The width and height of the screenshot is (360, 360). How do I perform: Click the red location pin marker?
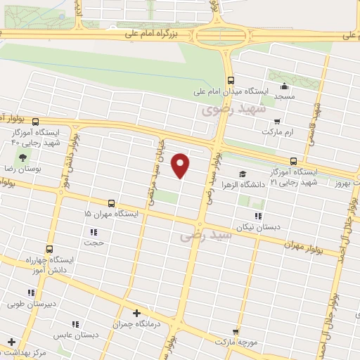[x=181, y=165]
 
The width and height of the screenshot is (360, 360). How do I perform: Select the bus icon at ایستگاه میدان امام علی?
[x=231, y=80]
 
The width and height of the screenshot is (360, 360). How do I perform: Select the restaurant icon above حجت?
[x=94, y=231]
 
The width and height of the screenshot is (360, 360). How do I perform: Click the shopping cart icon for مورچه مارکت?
[x=236, y=330]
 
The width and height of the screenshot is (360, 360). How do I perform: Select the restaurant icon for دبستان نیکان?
[x=258, y=216]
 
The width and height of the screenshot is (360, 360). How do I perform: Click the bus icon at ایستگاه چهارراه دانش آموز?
[x=49, y=249]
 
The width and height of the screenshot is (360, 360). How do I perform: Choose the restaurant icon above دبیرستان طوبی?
[x=30, y=292]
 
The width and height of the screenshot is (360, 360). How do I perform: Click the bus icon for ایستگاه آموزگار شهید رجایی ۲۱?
[x=293, y=160]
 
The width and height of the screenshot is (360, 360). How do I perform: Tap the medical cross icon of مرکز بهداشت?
[x=11, y=341]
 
